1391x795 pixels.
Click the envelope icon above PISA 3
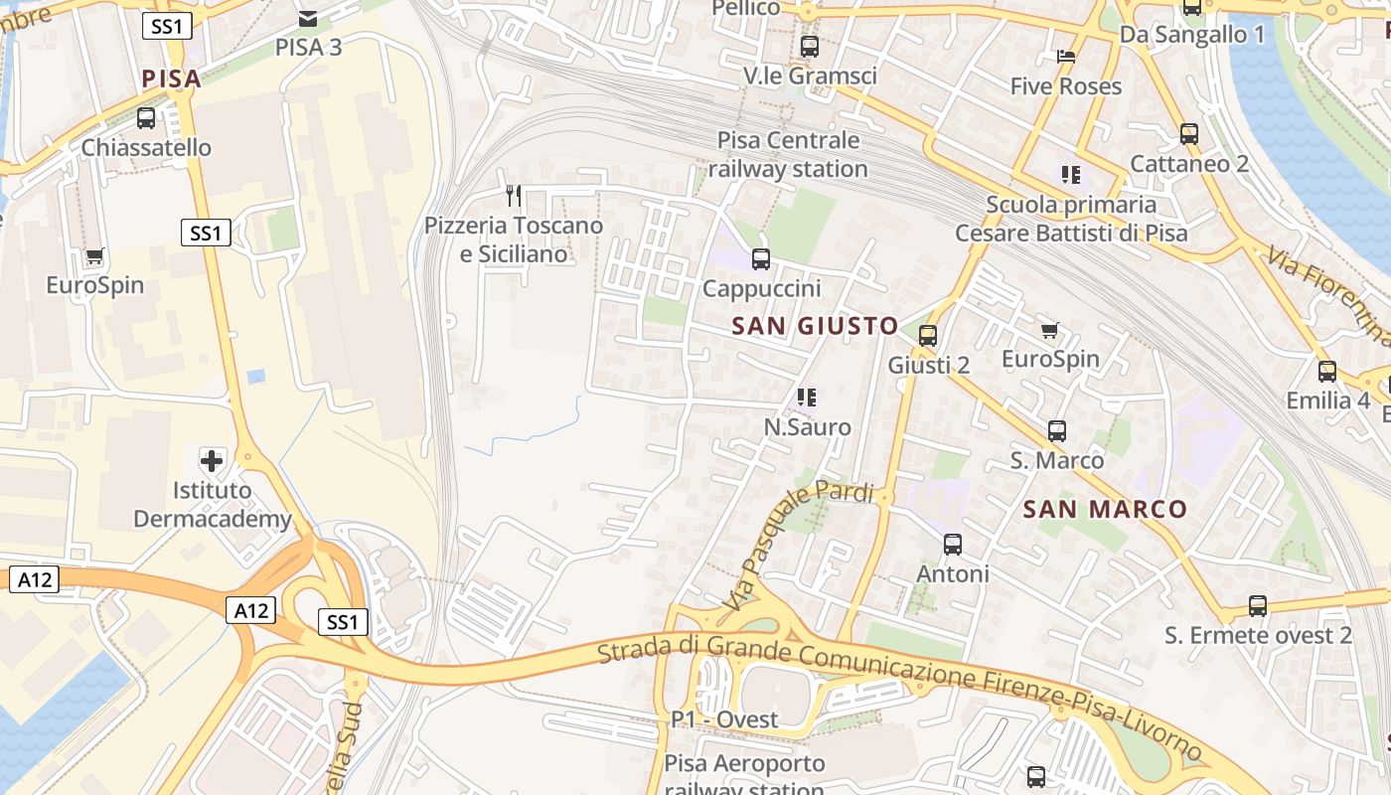click(x=308, y=17)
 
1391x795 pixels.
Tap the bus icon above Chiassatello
click(x=146, y=118)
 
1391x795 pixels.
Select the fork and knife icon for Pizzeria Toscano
click(x=514, y=195)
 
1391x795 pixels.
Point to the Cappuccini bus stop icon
click(x=761, y=259)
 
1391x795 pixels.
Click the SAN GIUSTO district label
click(x=815, y=326)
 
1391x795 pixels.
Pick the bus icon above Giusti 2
click(x=928, y=336)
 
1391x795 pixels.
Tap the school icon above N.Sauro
click(x=806, y=398)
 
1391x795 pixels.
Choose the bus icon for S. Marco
click(x=1057, y=431)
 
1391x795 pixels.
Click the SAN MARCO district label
click(x=1105, y=510)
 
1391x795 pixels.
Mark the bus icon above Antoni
click(x=953, y=545)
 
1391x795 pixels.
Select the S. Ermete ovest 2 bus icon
click(x=1258, y=606)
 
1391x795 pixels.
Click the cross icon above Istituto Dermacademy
click(x=212, y=460)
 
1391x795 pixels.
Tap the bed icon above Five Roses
click(x=1066, y=57)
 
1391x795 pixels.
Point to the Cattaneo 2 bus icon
click(x=1189, y=134)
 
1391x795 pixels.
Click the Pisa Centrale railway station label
click(x=788, y=154)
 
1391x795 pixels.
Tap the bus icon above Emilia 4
click(x=1327, y=372)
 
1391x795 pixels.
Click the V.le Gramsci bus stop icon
click(x=810, y=47)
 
